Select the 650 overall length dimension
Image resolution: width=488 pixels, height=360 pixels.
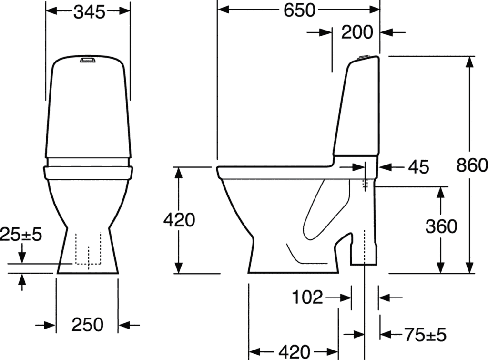pos(299,10)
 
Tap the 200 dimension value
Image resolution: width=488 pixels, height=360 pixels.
pos(357,32)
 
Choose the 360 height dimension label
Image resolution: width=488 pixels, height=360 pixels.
pos(441,226)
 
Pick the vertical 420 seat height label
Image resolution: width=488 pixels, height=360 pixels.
pos(179,220)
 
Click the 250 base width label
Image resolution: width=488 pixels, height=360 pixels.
pos(88,325)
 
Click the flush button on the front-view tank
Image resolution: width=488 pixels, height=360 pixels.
pos(88,61)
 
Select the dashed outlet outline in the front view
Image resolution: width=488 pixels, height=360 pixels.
pos(88,248)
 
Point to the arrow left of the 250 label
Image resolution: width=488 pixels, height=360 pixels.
pos(48,325)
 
